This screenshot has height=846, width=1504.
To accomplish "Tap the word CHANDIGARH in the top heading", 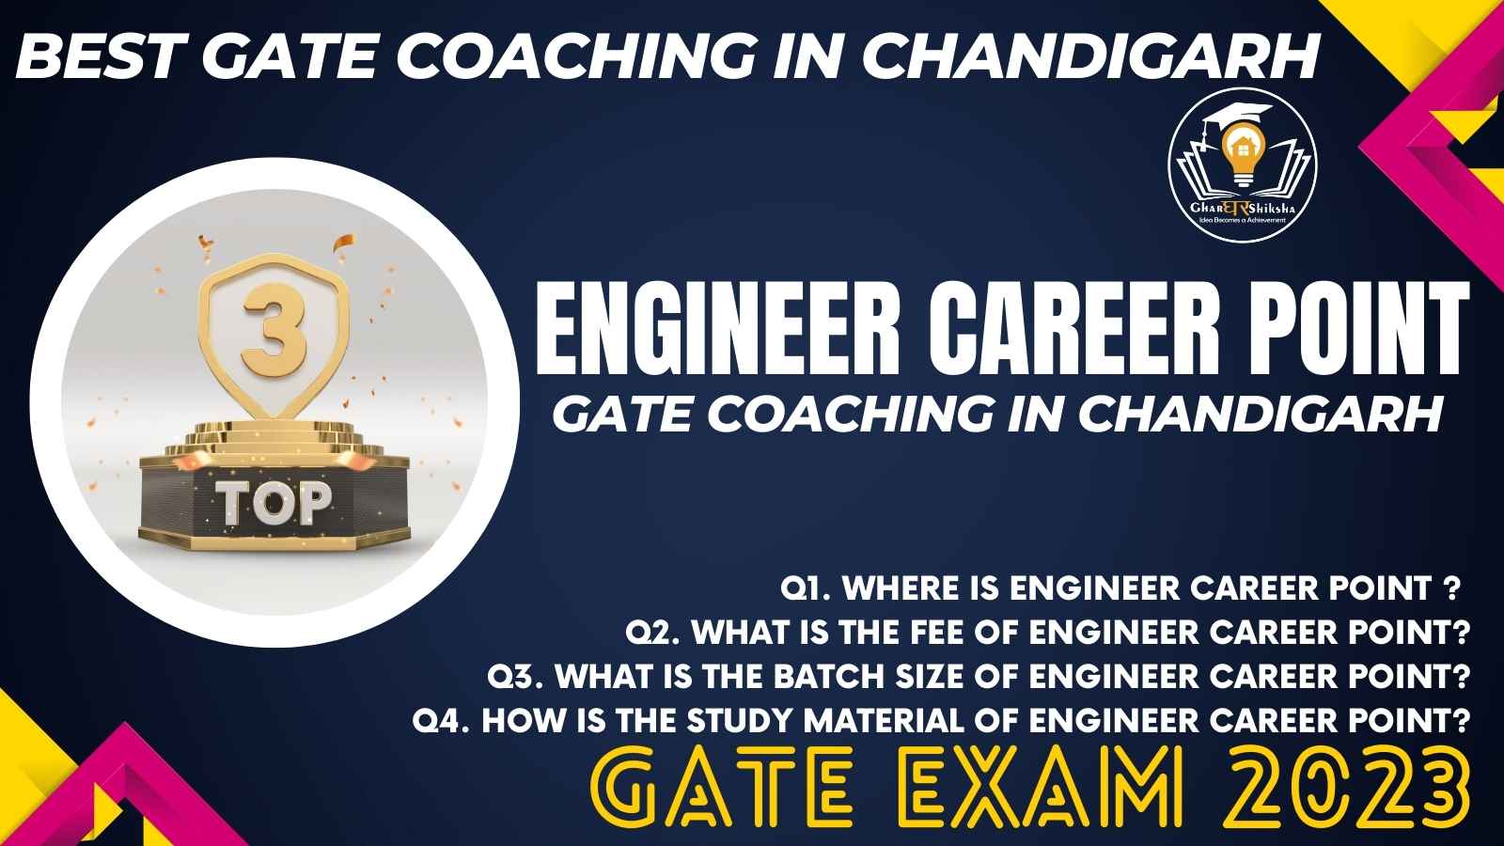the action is pos(1090,56).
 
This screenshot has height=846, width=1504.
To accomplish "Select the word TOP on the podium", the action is pos(274,502).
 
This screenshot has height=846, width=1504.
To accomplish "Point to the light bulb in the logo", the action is pos(1243,154).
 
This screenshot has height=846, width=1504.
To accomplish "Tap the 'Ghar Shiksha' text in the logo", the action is pos(1242,208).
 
